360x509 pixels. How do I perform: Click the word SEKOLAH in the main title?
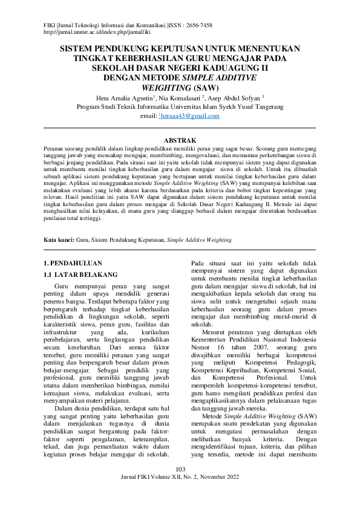113,68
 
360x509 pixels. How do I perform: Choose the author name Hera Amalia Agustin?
123,97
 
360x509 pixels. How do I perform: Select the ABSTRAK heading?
180,140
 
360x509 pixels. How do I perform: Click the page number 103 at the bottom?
180,487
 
